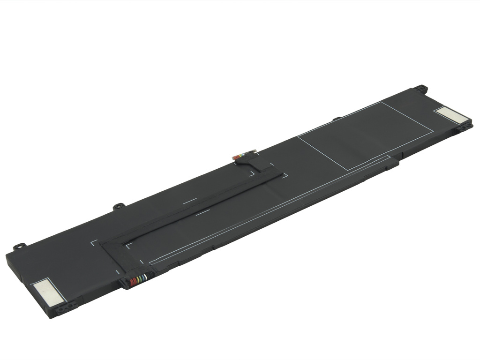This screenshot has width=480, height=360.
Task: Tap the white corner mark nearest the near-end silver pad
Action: point(93,243)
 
